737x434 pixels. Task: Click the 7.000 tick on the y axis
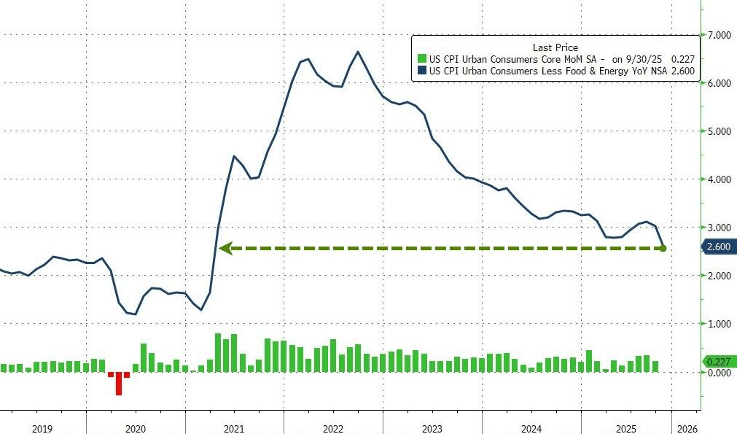tap(720, 35)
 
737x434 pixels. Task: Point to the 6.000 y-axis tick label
tap(720, 83)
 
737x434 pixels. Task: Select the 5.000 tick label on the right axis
tap(720, 131)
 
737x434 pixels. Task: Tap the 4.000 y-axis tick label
tap(720, 179)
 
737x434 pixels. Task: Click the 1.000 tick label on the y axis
tap(720, 323)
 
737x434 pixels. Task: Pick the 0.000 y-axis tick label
tap(720, 372)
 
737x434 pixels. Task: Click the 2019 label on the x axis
tap(42, 428)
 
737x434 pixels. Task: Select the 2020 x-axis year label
tap(136, 428)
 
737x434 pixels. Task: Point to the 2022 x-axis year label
tap(333, 428)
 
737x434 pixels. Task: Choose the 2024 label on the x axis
tap(531, 428)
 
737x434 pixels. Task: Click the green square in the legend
tap(421, 59)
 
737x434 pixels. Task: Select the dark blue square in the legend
tap(421, 71)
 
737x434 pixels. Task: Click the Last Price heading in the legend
tap(555, 47)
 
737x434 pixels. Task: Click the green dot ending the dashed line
tap(663, 249)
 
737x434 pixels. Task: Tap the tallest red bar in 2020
tap(118, 384)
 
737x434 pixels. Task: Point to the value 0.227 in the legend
tap(682, 59)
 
